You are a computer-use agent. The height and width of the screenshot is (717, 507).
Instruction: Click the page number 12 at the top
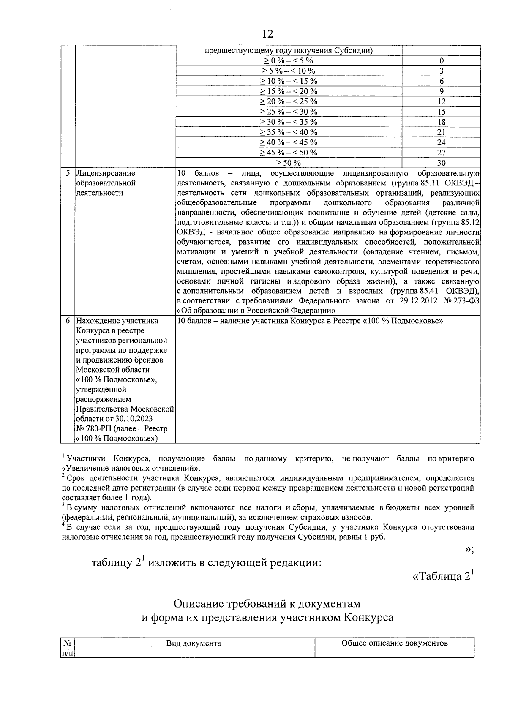tap(267, 34)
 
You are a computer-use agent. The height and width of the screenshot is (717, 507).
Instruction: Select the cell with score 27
tap(441, 153)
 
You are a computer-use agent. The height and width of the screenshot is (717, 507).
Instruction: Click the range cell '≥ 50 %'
tap(289, 163)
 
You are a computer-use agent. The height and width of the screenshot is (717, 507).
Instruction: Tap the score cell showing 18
tap(441, 122)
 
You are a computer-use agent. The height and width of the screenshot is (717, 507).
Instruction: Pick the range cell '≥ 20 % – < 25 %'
tap(289, 101)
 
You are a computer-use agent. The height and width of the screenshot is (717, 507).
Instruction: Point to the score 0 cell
tap(441, 61)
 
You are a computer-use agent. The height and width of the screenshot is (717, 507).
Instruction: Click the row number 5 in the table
tap(68, 173)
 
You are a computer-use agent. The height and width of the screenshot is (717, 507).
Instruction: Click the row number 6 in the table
tap(68, 321)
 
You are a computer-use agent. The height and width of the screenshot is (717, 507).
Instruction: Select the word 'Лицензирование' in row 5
tap(106, 173)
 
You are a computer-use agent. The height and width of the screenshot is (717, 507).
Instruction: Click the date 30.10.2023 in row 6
tap(134, 419)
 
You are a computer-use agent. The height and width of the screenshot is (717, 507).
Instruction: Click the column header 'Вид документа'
tap(194, 643)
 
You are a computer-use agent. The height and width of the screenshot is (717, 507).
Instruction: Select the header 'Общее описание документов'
tap(394, 643)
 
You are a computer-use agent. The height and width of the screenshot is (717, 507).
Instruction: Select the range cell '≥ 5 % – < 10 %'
tap(289, 71)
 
